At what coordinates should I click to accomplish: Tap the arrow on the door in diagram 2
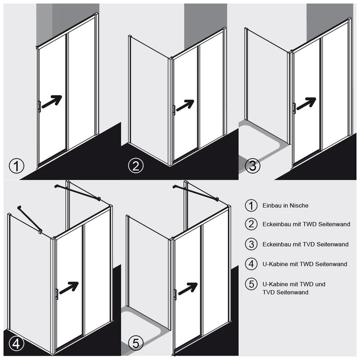[x=185, y=105]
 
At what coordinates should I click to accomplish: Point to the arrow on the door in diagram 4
[x=69, y=288]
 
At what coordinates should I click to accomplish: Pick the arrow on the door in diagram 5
[x=188, y=288]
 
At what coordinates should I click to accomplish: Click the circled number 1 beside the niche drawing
[x=17, y=166]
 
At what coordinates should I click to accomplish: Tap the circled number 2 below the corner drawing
[x=136, y=166]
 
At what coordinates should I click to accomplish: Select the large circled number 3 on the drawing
[x=252, y=166]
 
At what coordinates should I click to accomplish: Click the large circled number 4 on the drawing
[x=16, y=344]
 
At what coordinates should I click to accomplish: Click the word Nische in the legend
[x=299, y=206]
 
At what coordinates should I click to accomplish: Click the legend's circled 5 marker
[x=251, y=284]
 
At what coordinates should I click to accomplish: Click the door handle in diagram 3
[x=294, y=108]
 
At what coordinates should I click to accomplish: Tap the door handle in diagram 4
[x=57, y=293]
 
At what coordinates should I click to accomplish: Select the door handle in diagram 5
[x=175, y=294]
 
